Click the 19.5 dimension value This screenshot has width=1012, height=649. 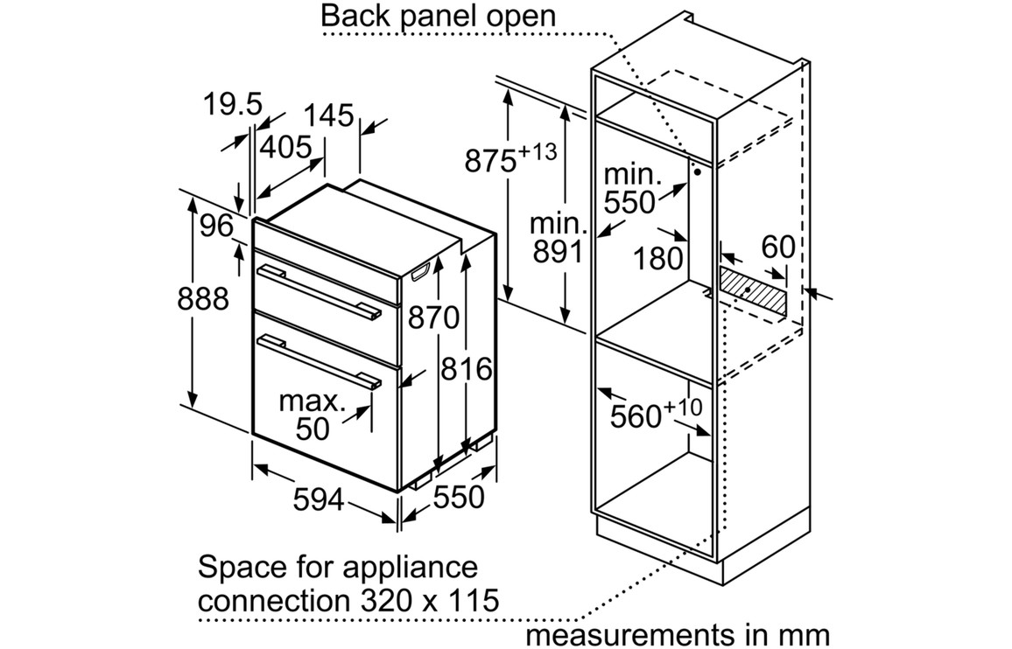click(x=233, y=105)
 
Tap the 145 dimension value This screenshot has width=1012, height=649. click(x=329, y=116)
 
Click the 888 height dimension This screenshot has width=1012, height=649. click(x=202, y=299)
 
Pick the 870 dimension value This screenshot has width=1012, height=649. click(x=433, y=318)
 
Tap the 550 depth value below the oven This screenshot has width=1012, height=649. click(x=459, y=497)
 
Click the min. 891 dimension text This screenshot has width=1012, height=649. click(x=556, y=238)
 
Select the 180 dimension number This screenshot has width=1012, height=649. click(x=658, y=258)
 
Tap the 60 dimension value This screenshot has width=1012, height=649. click(x=777, y=247)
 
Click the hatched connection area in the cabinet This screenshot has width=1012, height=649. click(x=753, y=288)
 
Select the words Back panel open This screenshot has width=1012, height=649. click(x=439, y=16)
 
